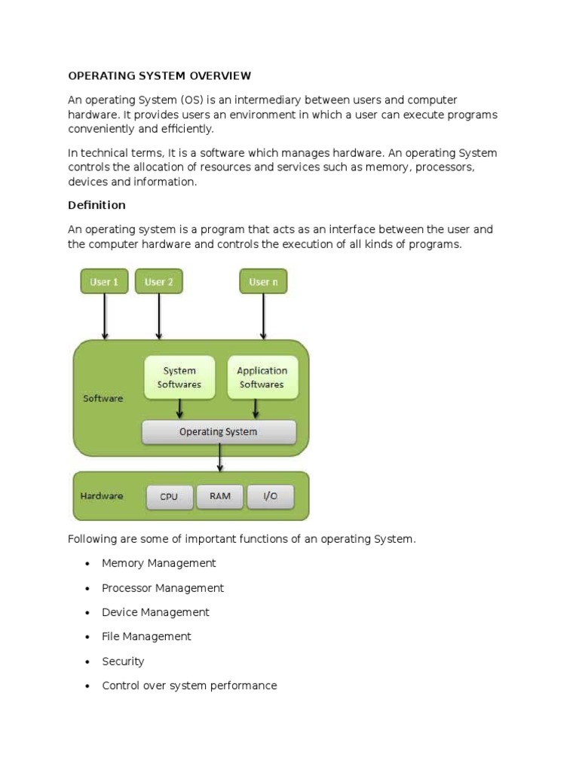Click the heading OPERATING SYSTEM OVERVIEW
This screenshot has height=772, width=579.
click(159, 75)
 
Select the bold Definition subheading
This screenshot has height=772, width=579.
click(96, 205)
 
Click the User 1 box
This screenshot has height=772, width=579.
click(104, 282)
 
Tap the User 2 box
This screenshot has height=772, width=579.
click(159, 282)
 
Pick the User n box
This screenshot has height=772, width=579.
click(263, 282)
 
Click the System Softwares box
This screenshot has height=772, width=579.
click(179, 378)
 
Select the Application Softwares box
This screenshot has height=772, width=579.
click(262, 378)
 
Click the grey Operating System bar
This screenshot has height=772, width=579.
click(219, 432)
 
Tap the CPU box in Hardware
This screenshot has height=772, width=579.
click(170, 497)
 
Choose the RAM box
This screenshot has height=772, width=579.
click(220, 496)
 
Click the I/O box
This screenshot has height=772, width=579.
click(270, 496)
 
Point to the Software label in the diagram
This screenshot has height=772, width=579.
click(103, 398)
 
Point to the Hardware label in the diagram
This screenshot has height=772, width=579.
click(101, 496)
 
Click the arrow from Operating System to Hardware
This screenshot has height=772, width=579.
click(219, 458)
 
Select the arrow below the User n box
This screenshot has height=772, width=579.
click(263, 317)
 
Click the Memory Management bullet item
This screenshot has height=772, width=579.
click(158, 563)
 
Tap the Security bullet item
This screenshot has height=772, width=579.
click(123, 661)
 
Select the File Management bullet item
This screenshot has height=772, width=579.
click(146, 636)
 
